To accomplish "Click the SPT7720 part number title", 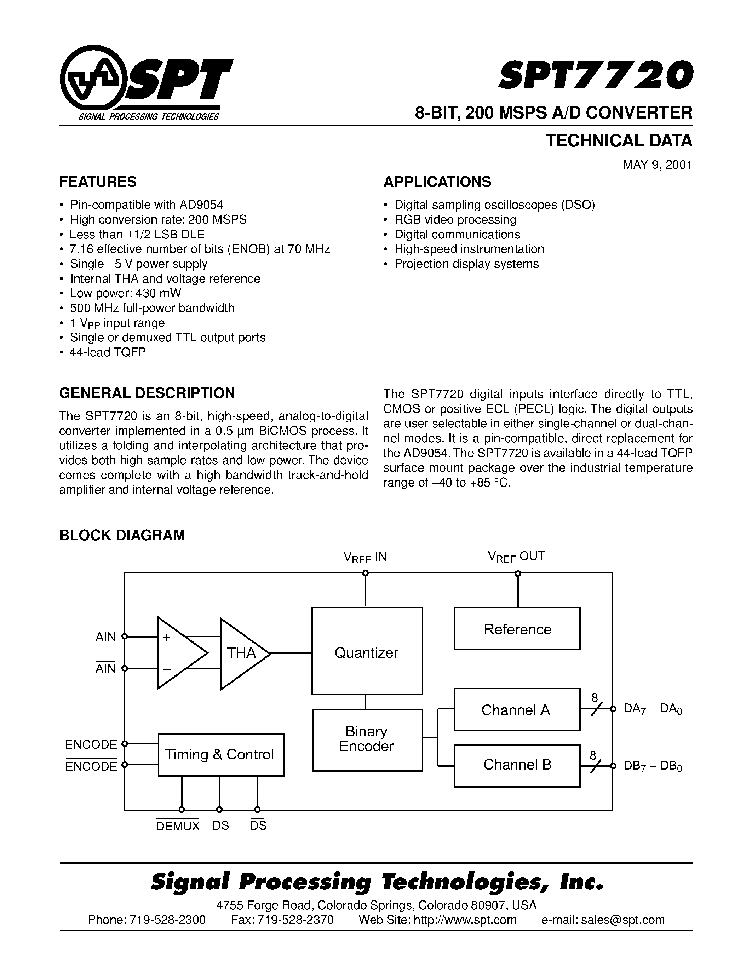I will [595, 75].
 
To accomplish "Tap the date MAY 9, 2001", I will [657, 165].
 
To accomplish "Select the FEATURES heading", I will [98, 182].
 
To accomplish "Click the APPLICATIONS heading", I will [437, 182].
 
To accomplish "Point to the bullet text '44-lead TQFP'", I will [108, 352].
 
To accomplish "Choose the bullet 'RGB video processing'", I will [455, 220].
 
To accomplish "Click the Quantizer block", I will [367, 653].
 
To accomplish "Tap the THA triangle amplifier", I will [242, 653].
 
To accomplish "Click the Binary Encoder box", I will [367, 739].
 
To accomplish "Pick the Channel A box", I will [517, 710].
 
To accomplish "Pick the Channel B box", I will [517, 765].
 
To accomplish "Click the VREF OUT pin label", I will [516, 557].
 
